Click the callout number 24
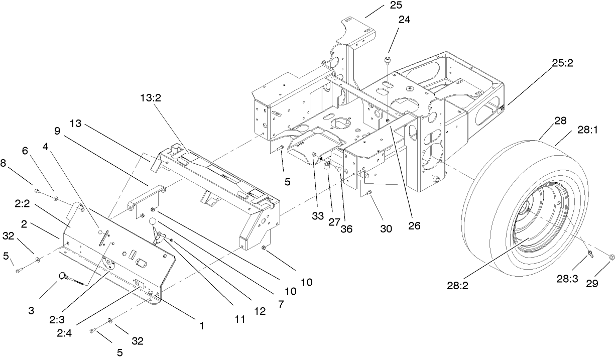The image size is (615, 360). tap(404, 20)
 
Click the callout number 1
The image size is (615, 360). tap(201, 326)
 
